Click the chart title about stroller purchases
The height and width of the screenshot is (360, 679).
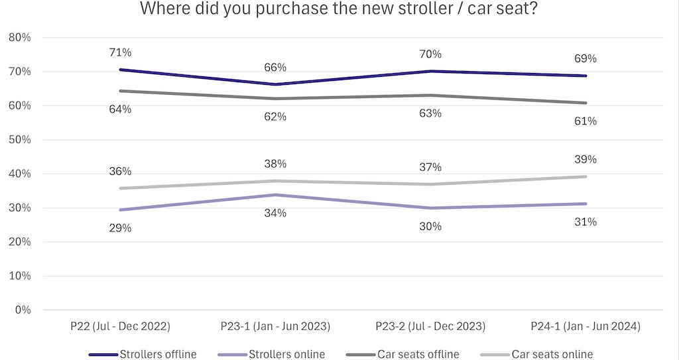pos(339,10)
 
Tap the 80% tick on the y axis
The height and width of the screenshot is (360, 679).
pos(20,38)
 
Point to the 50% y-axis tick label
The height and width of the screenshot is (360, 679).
pos(20,140)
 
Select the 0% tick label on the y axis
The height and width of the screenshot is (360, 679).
pos(23,310)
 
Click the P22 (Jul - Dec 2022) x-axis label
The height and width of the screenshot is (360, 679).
pos(121,327)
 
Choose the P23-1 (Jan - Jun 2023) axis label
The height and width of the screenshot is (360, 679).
pos(275,327)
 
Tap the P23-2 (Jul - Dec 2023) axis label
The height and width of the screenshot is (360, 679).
pos(430,327)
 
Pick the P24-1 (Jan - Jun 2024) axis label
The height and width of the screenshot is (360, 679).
pos(586,327)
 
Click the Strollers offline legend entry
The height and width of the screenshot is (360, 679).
pos(158,354)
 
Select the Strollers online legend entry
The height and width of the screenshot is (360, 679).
pos(286,354)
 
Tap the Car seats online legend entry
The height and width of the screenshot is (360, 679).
pos(552,354)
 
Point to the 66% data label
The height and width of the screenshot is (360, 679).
pos(275,67)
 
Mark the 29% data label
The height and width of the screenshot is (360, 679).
pos(120,228)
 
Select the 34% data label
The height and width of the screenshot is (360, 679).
pos(275,213)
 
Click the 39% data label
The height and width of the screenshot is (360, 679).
pos(586,159)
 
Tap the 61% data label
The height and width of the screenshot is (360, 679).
pos(586,121)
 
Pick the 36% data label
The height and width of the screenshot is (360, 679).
pos(120,171)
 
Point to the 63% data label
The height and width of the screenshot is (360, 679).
pos(430,113)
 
